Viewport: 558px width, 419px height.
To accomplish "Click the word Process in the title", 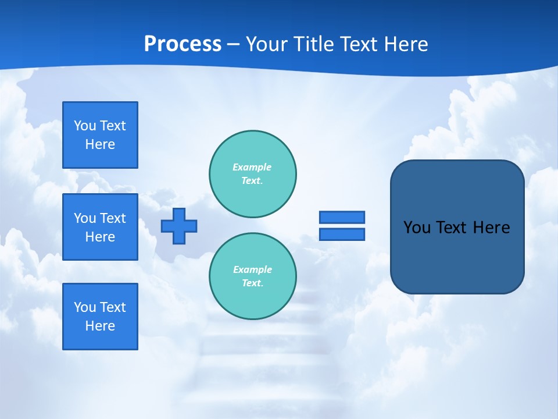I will [183, 44].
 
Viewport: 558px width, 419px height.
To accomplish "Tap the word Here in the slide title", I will [406, 44].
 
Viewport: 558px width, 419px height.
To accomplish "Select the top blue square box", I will [100, 135].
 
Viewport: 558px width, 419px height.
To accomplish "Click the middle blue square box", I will [100, 227].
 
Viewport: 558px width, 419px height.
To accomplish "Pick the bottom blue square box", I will [100, 317].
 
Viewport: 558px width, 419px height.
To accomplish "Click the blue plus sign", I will [179, 226].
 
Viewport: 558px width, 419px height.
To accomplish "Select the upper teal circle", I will [252, 173].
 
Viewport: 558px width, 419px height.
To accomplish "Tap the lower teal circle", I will [252, 276].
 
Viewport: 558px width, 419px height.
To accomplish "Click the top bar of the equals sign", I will [342, 217].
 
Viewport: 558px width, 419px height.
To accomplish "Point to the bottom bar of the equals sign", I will [342, 234].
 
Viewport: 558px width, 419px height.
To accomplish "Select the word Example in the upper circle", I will [252, 167].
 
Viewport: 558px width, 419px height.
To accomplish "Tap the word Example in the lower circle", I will [252, 269].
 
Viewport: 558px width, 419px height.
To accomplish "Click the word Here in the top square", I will [100, 144].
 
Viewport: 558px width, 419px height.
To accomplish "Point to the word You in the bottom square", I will [85, 307].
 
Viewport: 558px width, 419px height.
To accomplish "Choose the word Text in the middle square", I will [112, 218].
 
